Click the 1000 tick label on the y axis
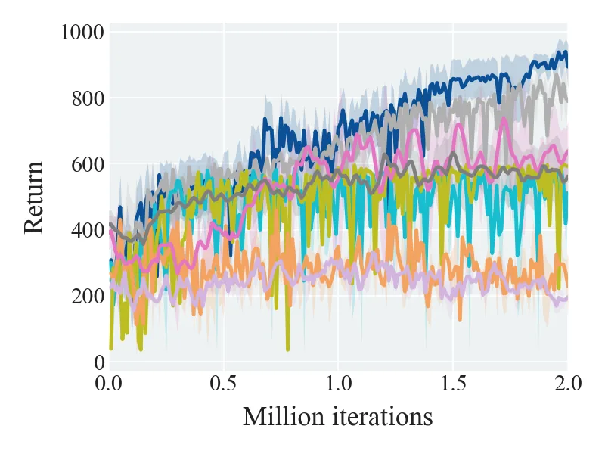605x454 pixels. (x=82, y=32)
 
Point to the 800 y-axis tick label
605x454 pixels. (x=88, y=98)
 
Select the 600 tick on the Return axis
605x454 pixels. (x=88, y=164)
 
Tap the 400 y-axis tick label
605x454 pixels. (x=88, y=231)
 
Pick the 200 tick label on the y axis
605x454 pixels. (x=88, y=297)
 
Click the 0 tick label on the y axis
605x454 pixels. (x=99, y=362)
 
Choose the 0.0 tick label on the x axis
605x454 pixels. (x=108, y=384)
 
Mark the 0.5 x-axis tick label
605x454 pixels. (x=223, y=384)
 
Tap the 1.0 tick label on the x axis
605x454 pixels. (x=338, y=384)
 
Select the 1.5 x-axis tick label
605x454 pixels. (x=453, y=384)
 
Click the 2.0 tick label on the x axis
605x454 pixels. (x=568, y=384)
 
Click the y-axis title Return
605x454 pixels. (x=34, y=197)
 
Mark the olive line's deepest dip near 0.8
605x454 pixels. (x=288, y=350)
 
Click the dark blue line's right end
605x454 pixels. (x=566, y=66)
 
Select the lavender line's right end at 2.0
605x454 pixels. (x=566, y=298)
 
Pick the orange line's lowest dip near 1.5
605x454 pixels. (x=460, y=319)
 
